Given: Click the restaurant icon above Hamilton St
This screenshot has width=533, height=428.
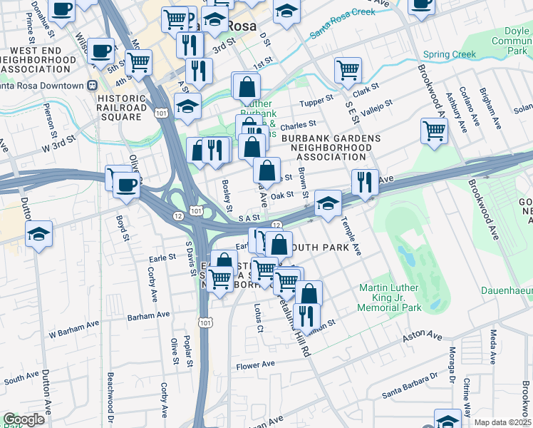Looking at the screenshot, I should tap(306, 314).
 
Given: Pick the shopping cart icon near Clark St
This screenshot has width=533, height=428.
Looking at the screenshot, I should tap(348, 70).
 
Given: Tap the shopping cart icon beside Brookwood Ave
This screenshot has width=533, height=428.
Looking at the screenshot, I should tap(434, 131).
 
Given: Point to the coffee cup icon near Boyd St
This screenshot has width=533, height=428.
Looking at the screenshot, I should tap(127, 185).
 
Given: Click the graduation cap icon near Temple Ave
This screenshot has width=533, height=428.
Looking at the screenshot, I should tap(327, 203).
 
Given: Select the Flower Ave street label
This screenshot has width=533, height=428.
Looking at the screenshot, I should tap(255, 365).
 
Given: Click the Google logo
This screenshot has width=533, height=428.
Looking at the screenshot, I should tap(24, 419).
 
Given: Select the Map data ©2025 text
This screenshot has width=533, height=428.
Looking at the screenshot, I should tap(502, 422).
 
